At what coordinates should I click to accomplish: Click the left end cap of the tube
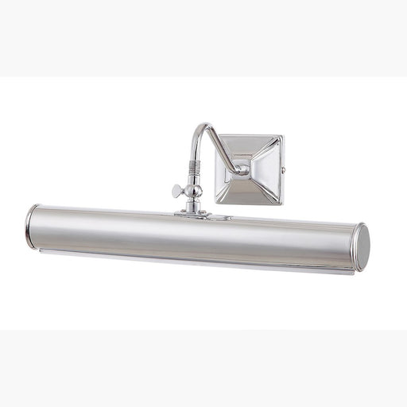coord(31,225)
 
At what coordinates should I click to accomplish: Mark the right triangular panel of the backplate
coord(270,169)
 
